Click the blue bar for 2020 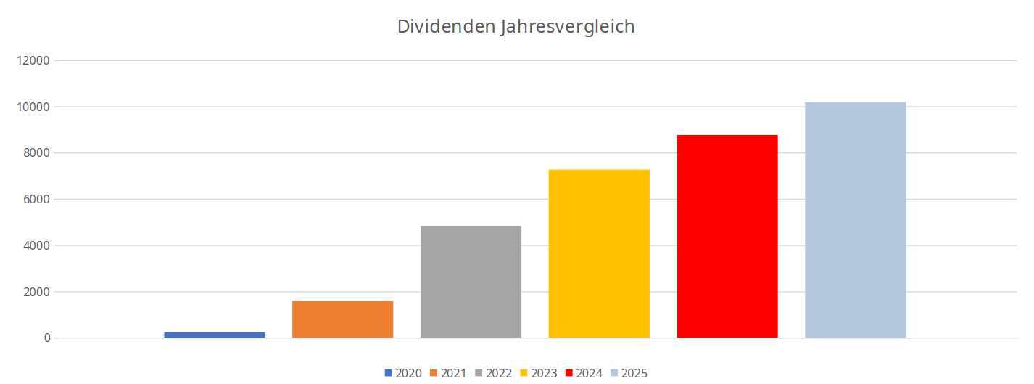pos(215,335)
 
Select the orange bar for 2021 pos(342,319)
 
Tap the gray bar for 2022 pos(471,282)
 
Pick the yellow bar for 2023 pos(599,254)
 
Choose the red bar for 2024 pos(727,237)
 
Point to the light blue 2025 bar pos(856,220)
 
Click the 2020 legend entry pos(404,373)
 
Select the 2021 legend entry pos(449,373)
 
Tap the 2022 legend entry pos(494,373)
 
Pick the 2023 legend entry pos(539,373)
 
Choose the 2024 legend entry pos(584,373)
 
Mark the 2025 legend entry pos(629,373)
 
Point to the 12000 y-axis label pos(33,60)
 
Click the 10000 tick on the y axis pos(33,107)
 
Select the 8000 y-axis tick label pos(36,153)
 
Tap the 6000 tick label pos(36,200)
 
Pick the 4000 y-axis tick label pos(36,245)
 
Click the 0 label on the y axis pos(46,338)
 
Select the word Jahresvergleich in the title pos(568,27)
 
